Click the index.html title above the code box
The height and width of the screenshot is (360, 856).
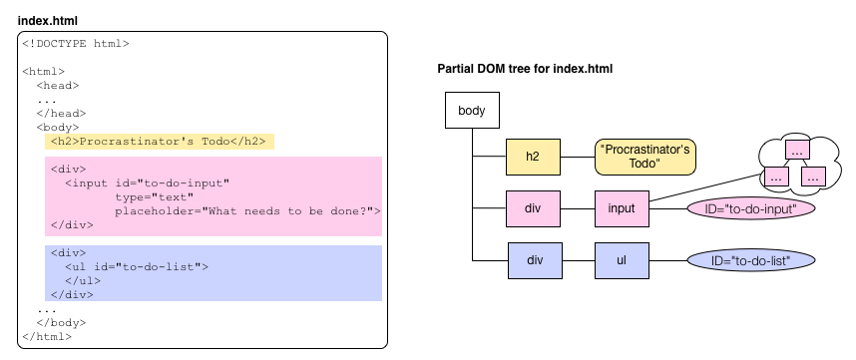[x=47, y=20]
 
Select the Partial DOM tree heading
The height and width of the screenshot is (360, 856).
[x=525, y=69]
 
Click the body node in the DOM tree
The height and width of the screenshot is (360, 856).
[x=471, y=110]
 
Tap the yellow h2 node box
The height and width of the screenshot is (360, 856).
[x=533, y=157]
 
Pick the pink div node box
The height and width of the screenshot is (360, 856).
[x=533, y=209]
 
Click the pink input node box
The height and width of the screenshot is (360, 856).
[x=622, y=209]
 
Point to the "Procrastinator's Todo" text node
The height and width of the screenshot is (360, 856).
[x=645, y=157]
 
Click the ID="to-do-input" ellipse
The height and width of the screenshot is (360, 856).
[x=751, y=209]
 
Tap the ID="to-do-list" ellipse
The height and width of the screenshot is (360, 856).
[x=751, y=260]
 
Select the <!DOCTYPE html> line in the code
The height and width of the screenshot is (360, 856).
[x=76, y=44]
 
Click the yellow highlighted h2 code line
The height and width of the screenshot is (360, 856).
[x=160, y=142]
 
